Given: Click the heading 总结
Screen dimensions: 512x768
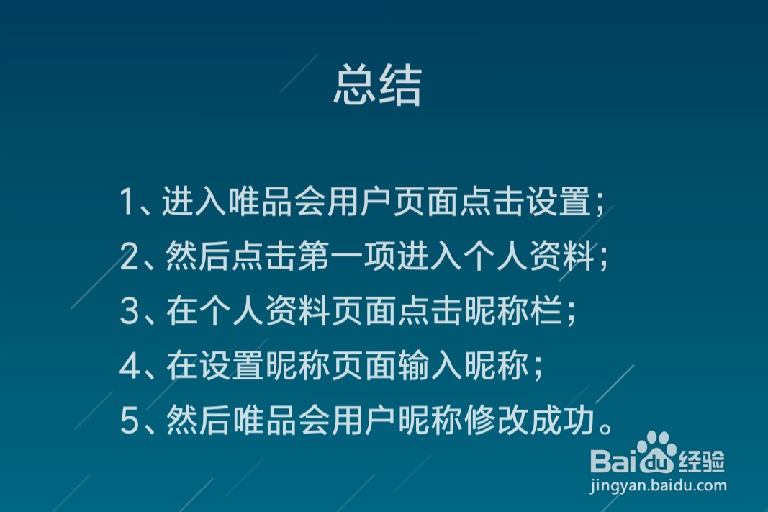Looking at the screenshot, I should [x=377, y=87].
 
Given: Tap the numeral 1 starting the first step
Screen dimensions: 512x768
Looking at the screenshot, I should [x=127, y=203].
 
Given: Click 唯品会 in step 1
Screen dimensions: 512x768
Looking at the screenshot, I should [x=277, y=203].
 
